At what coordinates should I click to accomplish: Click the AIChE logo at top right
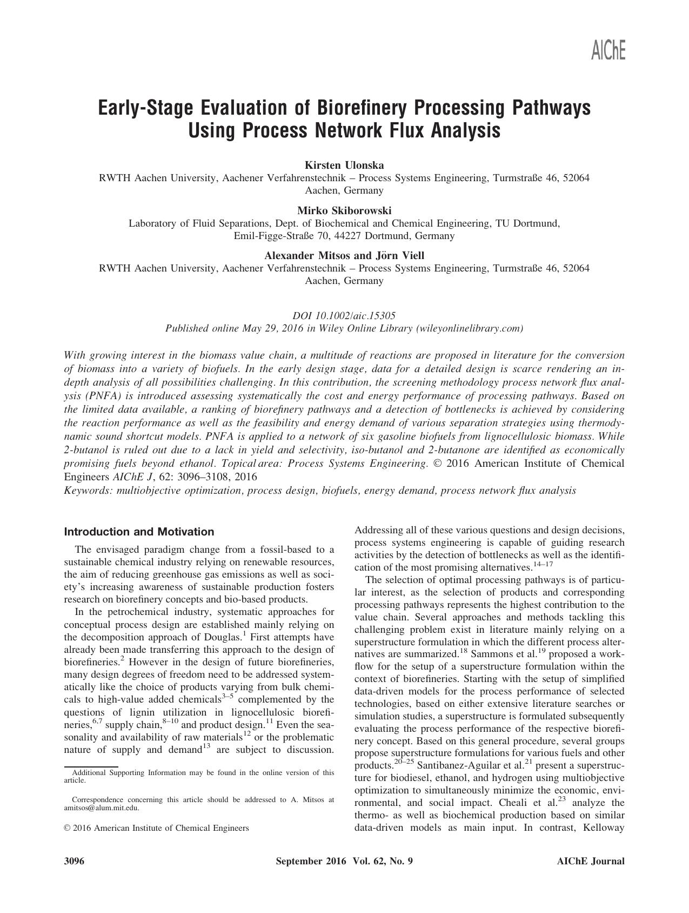608,51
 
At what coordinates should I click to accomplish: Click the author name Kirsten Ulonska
344,165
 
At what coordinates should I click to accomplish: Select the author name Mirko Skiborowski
344,210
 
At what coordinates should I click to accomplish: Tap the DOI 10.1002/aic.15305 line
344,315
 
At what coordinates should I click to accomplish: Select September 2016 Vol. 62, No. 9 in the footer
344,861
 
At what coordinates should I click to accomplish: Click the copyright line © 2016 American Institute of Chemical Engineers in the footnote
156,828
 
